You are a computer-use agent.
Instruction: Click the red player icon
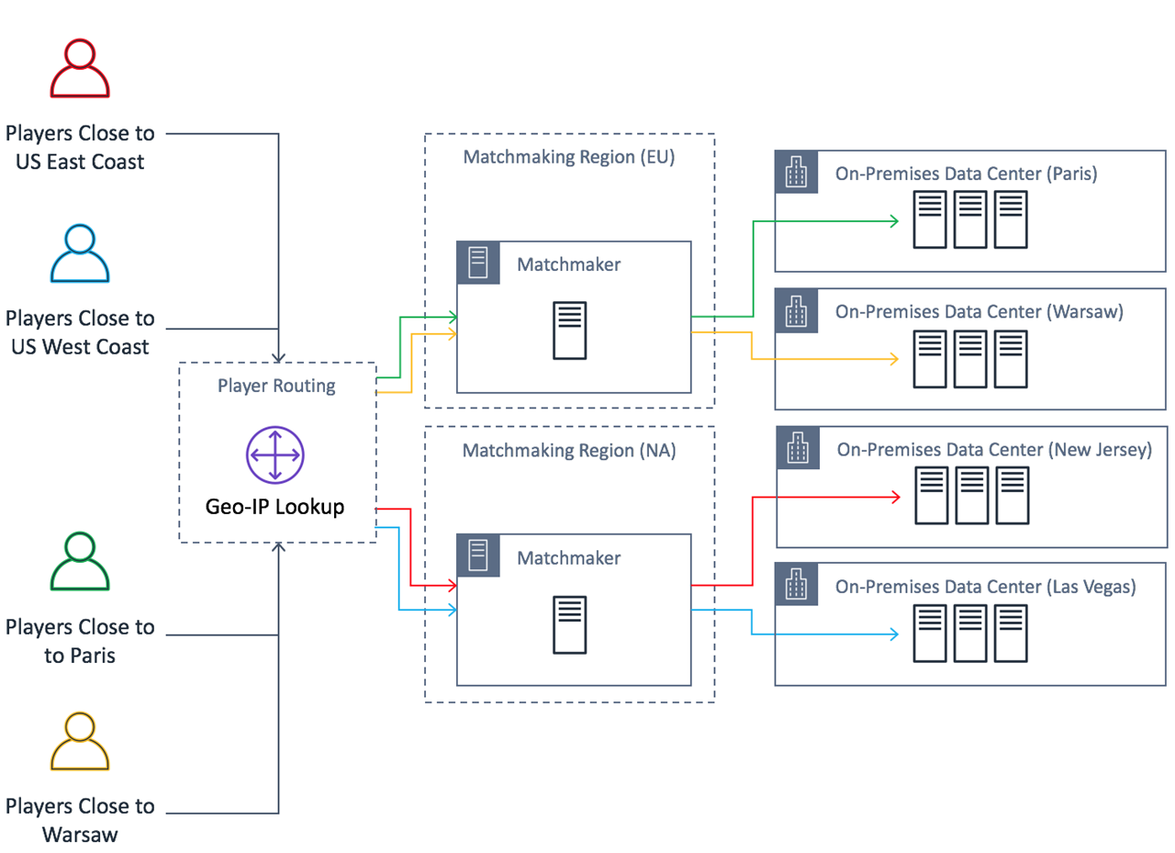(x=80, y=69)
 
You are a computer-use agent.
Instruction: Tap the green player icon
(x=80, y=561)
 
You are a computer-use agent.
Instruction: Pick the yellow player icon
(x=80, y=741)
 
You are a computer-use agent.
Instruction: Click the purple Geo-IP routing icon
(x=274, y=455)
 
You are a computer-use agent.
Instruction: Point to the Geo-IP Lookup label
(x=274, y=506)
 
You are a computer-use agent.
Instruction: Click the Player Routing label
(x=276, y=386)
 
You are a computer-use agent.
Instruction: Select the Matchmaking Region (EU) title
(x=568, y=157)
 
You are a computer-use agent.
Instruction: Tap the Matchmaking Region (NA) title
(x=568, y=451)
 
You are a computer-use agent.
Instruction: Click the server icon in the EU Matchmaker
(x=569, y=331)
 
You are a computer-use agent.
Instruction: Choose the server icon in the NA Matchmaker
(x=569, y=625)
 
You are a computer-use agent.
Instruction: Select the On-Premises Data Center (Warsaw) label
(x=979, y=312)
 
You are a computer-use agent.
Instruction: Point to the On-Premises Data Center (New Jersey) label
(x=993, y=449)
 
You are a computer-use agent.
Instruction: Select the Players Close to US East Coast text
(x=80, y=148)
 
